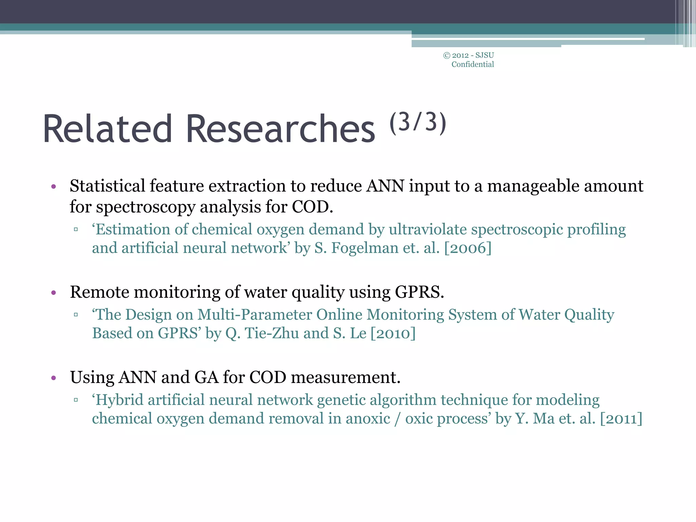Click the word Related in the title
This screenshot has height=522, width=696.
tap(107, 129)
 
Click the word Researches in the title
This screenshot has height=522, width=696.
tap(281, 129)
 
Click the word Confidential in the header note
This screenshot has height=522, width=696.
tap(472, 65)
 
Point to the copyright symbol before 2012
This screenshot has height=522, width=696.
tap(447, 55)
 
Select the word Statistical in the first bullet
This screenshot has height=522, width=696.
tap(107, 186)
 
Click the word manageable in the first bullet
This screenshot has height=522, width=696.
tap(533, 187)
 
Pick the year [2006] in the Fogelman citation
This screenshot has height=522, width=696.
tap(468, 248)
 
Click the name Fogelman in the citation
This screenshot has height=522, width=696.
tap(365, 248)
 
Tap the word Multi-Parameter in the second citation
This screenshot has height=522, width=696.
tap(255, 315)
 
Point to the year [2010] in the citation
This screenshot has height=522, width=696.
tap(393, 333)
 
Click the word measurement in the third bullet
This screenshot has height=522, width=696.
tap(346, 378)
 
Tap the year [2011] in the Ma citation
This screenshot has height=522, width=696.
tap(621, 419)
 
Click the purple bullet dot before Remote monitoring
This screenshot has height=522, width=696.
tap(53, 293)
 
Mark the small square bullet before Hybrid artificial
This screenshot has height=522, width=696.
tap(76, 400)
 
